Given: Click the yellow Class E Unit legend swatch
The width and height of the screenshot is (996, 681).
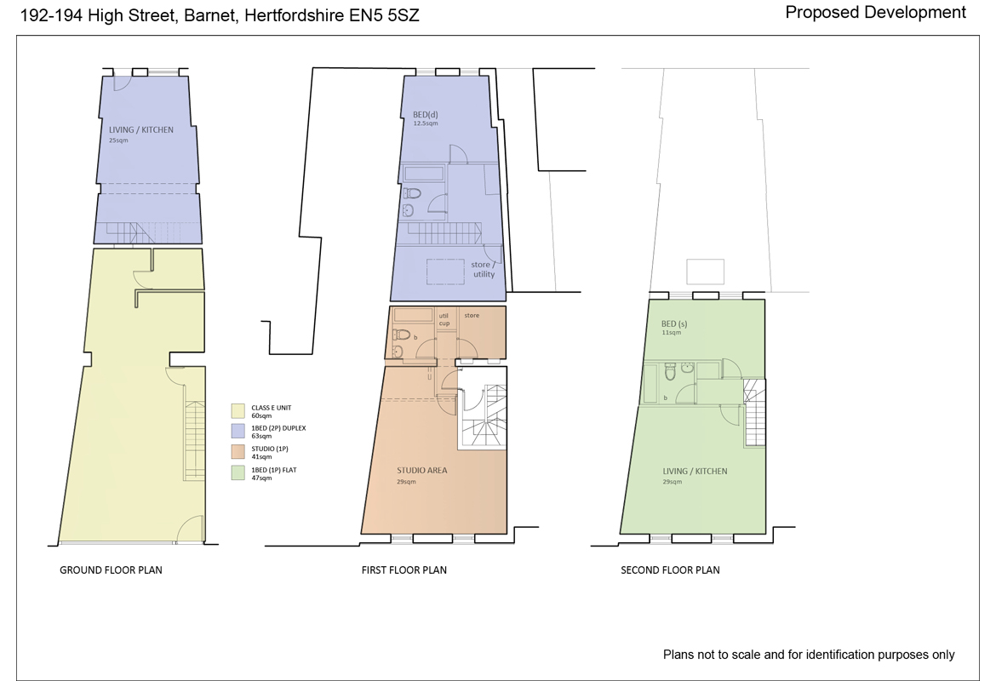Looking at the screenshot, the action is pyautogui.click(x=238, y=410).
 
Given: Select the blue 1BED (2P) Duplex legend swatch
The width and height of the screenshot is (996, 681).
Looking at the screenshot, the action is pyautogui.click(x=238, y=432).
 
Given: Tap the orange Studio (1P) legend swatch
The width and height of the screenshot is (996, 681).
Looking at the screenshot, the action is pyautogui.click(x=238, y=452).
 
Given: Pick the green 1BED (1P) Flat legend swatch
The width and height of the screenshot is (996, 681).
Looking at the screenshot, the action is pyautogui.click(x=238, y=472).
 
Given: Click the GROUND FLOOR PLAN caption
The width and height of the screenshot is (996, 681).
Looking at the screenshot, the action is pyautogui.click(x=112, y=569).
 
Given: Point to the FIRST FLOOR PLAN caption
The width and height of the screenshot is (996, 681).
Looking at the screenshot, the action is pyautogui.click(x=404, y=569).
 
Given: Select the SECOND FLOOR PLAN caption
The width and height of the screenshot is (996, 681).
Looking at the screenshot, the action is pyautogui.click(x=670, y=569).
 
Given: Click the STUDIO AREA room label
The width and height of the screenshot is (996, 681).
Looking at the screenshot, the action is pyautogui.click(x=421, y=470).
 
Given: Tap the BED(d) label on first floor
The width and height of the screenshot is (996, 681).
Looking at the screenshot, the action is pyautogui.click(x=426, y=115).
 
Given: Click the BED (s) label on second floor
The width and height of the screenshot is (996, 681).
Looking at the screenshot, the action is pyautogui.click(x=674, y=323).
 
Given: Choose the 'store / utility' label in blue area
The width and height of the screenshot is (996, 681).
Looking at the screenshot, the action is pyautogui.click(x=483, y=269).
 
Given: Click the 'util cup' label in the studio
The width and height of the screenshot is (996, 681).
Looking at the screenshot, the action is pyautogui.click(x=444, y=319).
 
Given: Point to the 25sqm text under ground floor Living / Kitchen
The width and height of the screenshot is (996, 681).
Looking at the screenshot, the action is pyautogui.click(x=118, y=140).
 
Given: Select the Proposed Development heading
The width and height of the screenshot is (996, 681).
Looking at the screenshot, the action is pyautogui.click(x=875, y=12).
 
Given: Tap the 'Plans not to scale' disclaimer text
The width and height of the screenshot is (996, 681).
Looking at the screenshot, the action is pyautogui.click(x=809, y=655).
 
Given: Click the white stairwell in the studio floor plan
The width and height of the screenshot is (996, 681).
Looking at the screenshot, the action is pyautogui.click(x=483, y=409).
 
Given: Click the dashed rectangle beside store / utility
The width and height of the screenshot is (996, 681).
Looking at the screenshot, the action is pyautogui.click(x=445, y=272).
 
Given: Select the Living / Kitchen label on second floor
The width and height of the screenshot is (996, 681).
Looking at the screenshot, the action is pyautogui.click(x=695, y=471).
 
